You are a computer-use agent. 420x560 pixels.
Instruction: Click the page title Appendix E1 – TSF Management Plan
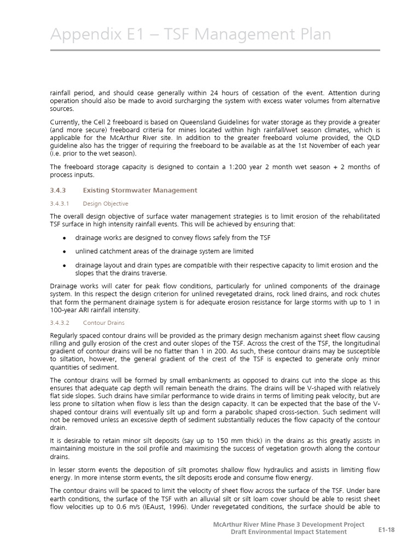tap(190, 35)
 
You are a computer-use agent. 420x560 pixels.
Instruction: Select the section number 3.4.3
tap(57, 190)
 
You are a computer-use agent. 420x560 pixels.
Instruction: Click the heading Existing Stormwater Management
tap(139, 190)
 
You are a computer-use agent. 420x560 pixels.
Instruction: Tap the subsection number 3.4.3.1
tap(61, 203)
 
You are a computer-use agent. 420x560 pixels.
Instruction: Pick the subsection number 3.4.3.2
tap(61, 323)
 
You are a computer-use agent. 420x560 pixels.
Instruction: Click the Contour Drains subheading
tap(103, 323)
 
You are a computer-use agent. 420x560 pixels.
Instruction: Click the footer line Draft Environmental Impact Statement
tap(297, 532)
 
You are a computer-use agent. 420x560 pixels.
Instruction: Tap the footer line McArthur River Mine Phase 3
tap(288, 524)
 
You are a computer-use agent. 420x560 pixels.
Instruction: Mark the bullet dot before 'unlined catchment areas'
tap(65, 252)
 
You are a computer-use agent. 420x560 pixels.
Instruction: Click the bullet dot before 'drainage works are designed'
tap(65, 238)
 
